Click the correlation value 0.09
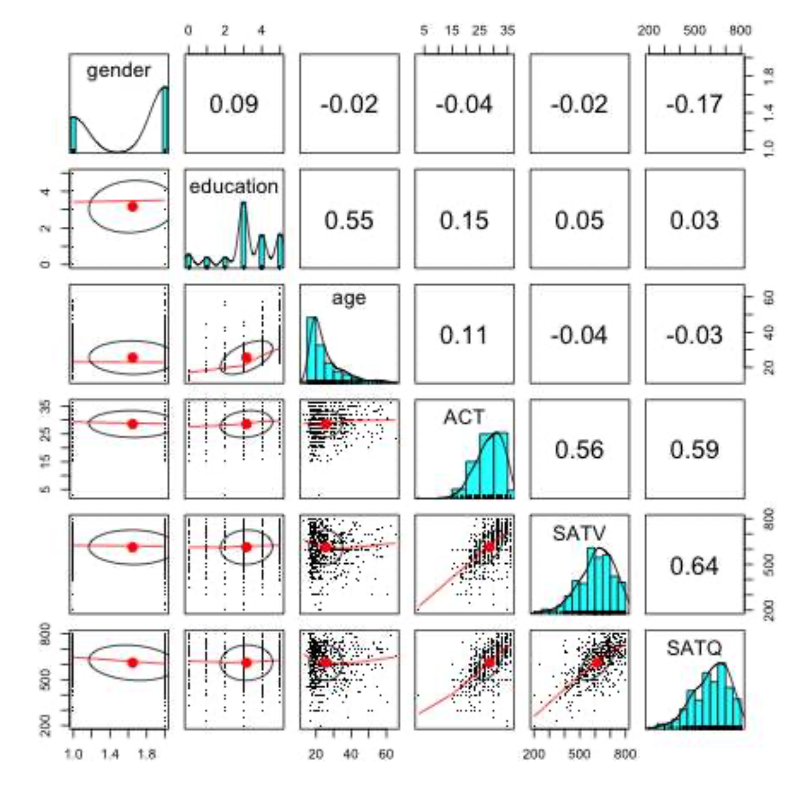234,104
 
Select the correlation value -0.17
694,104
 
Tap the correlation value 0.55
349,220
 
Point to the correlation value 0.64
694,566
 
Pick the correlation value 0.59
694,450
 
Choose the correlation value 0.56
579,450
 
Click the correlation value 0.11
464,335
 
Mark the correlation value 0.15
464,220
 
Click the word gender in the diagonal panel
118,71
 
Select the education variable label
234,187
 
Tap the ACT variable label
464,417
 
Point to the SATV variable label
579,533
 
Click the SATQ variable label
694,647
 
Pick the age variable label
349,299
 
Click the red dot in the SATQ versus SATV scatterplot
596,662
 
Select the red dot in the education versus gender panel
132,207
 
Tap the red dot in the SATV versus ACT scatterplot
489,547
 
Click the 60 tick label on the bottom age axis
386,755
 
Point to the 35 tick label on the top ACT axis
508,30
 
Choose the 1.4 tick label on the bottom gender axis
110,755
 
